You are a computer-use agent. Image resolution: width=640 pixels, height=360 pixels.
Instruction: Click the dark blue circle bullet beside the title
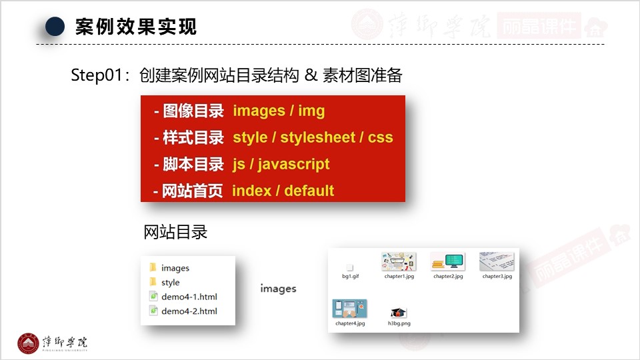55,27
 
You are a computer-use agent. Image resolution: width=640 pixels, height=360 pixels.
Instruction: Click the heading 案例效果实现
136,27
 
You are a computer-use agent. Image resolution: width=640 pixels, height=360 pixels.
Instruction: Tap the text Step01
97,75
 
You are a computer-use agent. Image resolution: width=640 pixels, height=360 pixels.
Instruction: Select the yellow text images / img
279,111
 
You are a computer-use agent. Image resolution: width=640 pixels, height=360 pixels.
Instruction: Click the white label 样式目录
193,137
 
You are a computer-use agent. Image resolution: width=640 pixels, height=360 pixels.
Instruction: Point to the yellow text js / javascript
281,165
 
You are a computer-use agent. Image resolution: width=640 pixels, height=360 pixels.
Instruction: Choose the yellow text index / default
283,191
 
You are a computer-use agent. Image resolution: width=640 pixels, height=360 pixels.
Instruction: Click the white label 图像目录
193,111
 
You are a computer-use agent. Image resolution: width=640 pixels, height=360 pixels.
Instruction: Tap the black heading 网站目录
175,232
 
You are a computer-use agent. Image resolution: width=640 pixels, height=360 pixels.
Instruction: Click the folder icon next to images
153,267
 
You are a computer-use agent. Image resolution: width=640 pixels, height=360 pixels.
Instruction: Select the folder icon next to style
153,281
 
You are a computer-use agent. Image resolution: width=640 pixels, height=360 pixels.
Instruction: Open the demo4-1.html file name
189,297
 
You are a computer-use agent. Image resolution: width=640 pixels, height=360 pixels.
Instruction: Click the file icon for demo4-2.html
153,311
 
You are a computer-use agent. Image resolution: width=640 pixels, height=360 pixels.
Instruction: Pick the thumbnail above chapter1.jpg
399,261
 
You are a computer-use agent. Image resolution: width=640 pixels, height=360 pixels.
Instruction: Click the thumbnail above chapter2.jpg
448,261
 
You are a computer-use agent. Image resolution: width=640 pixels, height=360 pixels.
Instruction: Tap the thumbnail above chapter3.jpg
497,261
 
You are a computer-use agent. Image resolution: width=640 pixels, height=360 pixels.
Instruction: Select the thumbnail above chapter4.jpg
350,309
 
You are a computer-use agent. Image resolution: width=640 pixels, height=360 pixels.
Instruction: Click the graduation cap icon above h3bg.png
399,313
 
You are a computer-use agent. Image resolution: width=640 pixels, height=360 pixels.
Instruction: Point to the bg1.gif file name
350,276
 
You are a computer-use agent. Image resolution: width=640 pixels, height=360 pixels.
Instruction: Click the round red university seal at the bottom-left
28,343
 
